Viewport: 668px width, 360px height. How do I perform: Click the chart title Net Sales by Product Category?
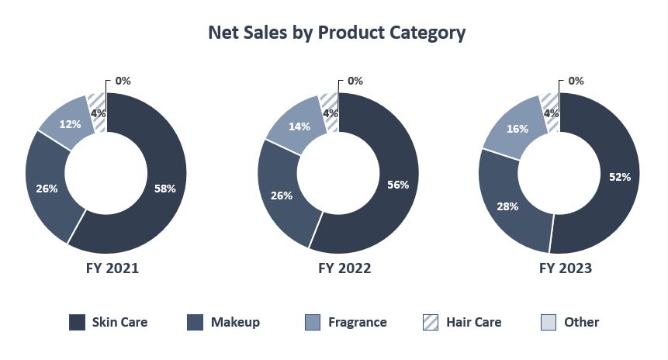(337, 33)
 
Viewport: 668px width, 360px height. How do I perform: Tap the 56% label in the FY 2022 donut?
(397, 185)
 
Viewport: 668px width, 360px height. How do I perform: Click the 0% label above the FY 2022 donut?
(355, 81)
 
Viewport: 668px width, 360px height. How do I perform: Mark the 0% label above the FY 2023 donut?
(576, 81)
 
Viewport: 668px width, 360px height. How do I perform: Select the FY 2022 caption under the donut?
(337, 268)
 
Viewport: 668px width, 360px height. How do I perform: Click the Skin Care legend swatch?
(78, 322)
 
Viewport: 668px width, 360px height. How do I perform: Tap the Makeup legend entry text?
(235, 322)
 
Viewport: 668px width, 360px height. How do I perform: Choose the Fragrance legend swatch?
(313, 322)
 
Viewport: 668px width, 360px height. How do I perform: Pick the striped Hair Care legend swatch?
(431, 322)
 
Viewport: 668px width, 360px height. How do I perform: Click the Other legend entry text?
(582, 322)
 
